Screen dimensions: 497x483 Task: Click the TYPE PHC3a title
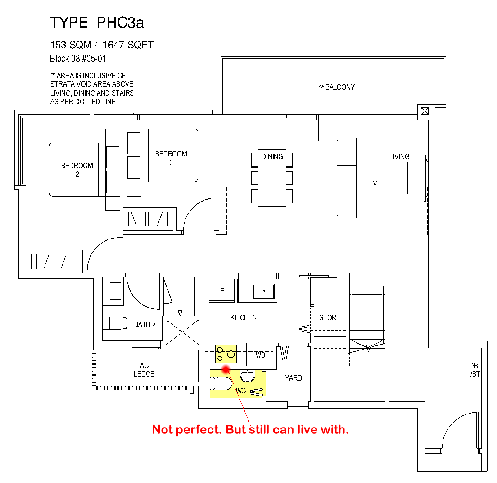click(x=97, y=22)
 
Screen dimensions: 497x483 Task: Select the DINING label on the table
click(x=272, y=156)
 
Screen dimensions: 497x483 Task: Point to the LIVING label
click(x=399, y=156)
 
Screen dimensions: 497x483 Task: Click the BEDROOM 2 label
click(x=77, y=170)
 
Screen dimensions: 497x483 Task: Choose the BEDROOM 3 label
click(x=171, y=158)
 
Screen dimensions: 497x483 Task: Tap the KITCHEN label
click(x=244, y=317)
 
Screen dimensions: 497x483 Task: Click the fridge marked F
click(x=222, y=290)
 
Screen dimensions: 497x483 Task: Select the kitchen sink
click(x=263, y=291)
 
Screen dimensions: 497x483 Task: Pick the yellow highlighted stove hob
click(x=226, y=354)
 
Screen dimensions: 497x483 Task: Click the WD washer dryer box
click(x=260, y=354)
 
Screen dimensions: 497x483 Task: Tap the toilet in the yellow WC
click(x=221, y=384)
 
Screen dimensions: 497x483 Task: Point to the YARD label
click(x=293, y=378)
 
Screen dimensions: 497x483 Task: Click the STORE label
click(x=330, y=317)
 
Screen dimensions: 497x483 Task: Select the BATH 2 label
click(x=145, y=324)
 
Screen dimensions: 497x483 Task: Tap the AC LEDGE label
click(x=144, y=370)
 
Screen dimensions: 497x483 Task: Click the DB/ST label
click(x=474, y=370)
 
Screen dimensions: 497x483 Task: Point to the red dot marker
click(x=226, y=369)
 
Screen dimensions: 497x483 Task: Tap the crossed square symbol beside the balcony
click(x=425, y=111)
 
